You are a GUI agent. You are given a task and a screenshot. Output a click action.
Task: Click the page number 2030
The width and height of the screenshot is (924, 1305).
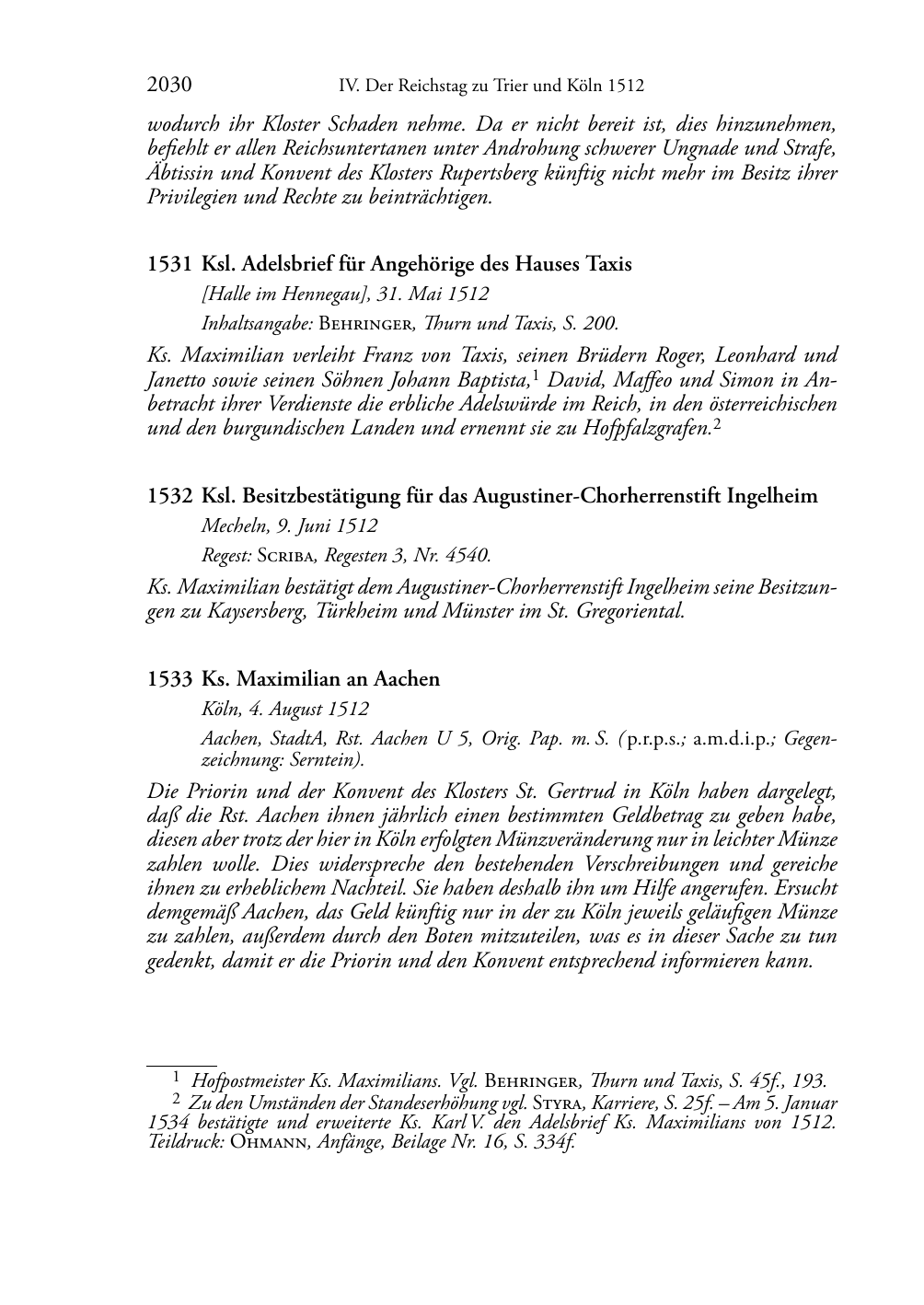[x=168, y=86]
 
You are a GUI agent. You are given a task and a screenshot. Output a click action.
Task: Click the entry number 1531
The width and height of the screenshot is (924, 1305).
[x=169, y=265]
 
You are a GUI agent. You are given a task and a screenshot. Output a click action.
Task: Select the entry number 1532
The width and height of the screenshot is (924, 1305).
[x=169, y=497]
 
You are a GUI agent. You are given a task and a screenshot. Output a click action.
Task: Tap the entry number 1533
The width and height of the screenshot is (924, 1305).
[x=169, y=679]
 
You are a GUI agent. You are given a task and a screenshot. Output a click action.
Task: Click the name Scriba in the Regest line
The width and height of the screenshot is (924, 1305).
[x=286, y=556]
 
